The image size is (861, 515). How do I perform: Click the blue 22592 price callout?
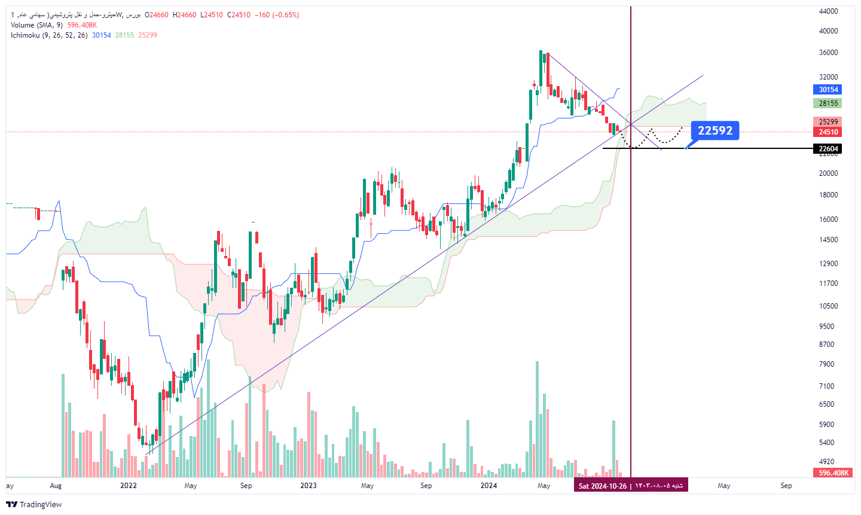pyautogui.click(x=715, y=131)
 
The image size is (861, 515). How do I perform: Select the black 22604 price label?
pyautogui.click(x=828, y=149)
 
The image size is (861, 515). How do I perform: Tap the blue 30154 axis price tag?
pyautogui.click(x=828, y=90)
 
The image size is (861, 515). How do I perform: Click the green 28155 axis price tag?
pyautogui.click(x=828, y=103)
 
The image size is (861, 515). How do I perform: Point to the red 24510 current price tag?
pyautogui.click(x=828, y=132)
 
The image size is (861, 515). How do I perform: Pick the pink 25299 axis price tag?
pyautogui.click(x=828, y=122)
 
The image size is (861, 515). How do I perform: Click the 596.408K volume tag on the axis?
pyautogui.click(x=833, y=473)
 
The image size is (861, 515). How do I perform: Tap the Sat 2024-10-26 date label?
pyautogui.click(x=631, y=486)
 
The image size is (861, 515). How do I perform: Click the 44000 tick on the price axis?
pyautogui.click(x=828, y=11)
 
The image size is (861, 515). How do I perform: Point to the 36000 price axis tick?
pyautogui.click(x=828, y=53)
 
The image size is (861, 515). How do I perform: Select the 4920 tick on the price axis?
pyautogui.click(x=826, y=462)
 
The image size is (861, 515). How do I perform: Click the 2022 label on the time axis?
pyautogui.click(x=129, y=486)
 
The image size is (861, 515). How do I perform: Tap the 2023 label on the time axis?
pyautogui.click(x=309, y=486)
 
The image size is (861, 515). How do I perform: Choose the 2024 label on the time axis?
pyautogui.click(x=488, y=486)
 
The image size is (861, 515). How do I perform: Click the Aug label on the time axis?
pyautogui.click(x=56, y=486)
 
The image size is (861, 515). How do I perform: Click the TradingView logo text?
pyautogui.click(x=41, y=504)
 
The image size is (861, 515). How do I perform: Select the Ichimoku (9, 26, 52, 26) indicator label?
pyautogui.click(x=49, y=35)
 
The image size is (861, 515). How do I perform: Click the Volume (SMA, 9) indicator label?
pyautogui.click(x=36, y=25)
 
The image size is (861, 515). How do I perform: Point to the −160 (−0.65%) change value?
pyautogui.click(x=277, y=15)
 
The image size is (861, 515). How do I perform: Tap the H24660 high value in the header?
pyautogui.click(x=184, y=15)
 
